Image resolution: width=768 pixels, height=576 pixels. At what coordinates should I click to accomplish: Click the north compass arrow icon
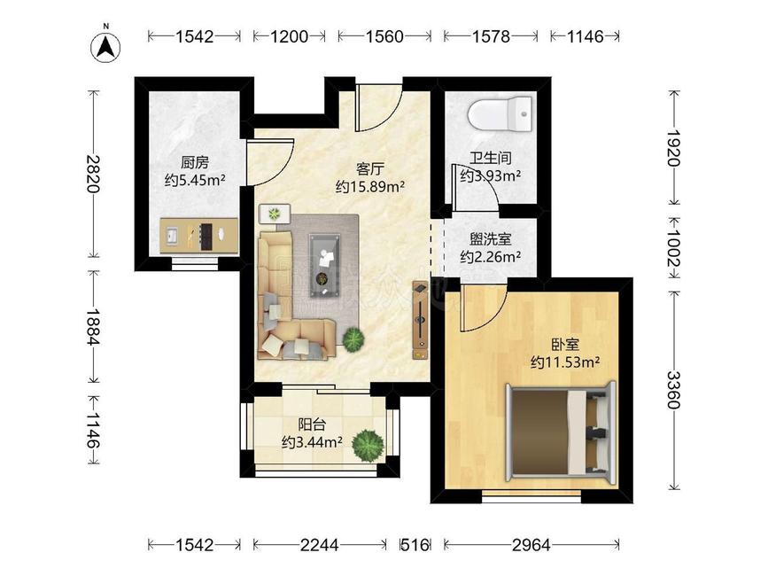[105, 48]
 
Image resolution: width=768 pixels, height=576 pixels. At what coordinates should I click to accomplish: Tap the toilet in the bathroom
[500, 114]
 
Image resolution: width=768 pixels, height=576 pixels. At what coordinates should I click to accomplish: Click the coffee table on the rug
[324, 265]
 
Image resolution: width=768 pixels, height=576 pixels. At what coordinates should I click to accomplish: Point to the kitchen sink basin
[172, 236]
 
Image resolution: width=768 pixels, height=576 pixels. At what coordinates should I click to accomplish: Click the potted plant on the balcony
[367, 445]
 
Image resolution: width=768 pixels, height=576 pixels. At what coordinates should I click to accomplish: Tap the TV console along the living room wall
[420, 320]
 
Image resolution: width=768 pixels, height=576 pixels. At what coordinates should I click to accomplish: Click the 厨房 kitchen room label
[195, 162]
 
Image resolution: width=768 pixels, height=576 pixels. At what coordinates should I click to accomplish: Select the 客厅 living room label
[369, 169]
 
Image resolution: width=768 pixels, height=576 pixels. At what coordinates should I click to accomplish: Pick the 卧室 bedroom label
[565, 345]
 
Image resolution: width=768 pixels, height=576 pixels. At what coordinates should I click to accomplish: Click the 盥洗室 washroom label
[490, 239]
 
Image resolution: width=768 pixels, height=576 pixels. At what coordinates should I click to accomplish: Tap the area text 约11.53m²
[566, 362]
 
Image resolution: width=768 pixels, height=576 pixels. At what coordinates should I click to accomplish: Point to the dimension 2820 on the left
[93, 174]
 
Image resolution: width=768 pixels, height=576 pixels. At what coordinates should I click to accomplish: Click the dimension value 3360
[674, 390]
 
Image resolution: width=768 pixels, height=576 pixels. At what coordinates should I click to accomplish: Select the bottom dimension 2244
[320, 545]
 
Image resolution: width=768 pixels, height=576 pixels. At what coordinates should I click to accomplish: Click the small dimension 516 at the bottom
[415, 545]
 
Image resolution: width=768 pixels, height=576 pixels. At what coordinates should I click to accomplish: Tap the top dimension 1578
[491, 36]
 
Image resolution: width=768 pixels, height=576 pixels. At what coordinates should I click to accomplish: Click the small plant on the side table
[275, 214]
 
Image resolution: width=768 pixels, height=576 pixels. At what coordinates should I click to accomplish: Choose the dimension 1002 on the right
[674, 248]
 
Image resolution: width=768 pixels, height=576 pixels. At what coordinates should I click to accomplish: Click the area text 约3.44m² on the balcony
[312, 442]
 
